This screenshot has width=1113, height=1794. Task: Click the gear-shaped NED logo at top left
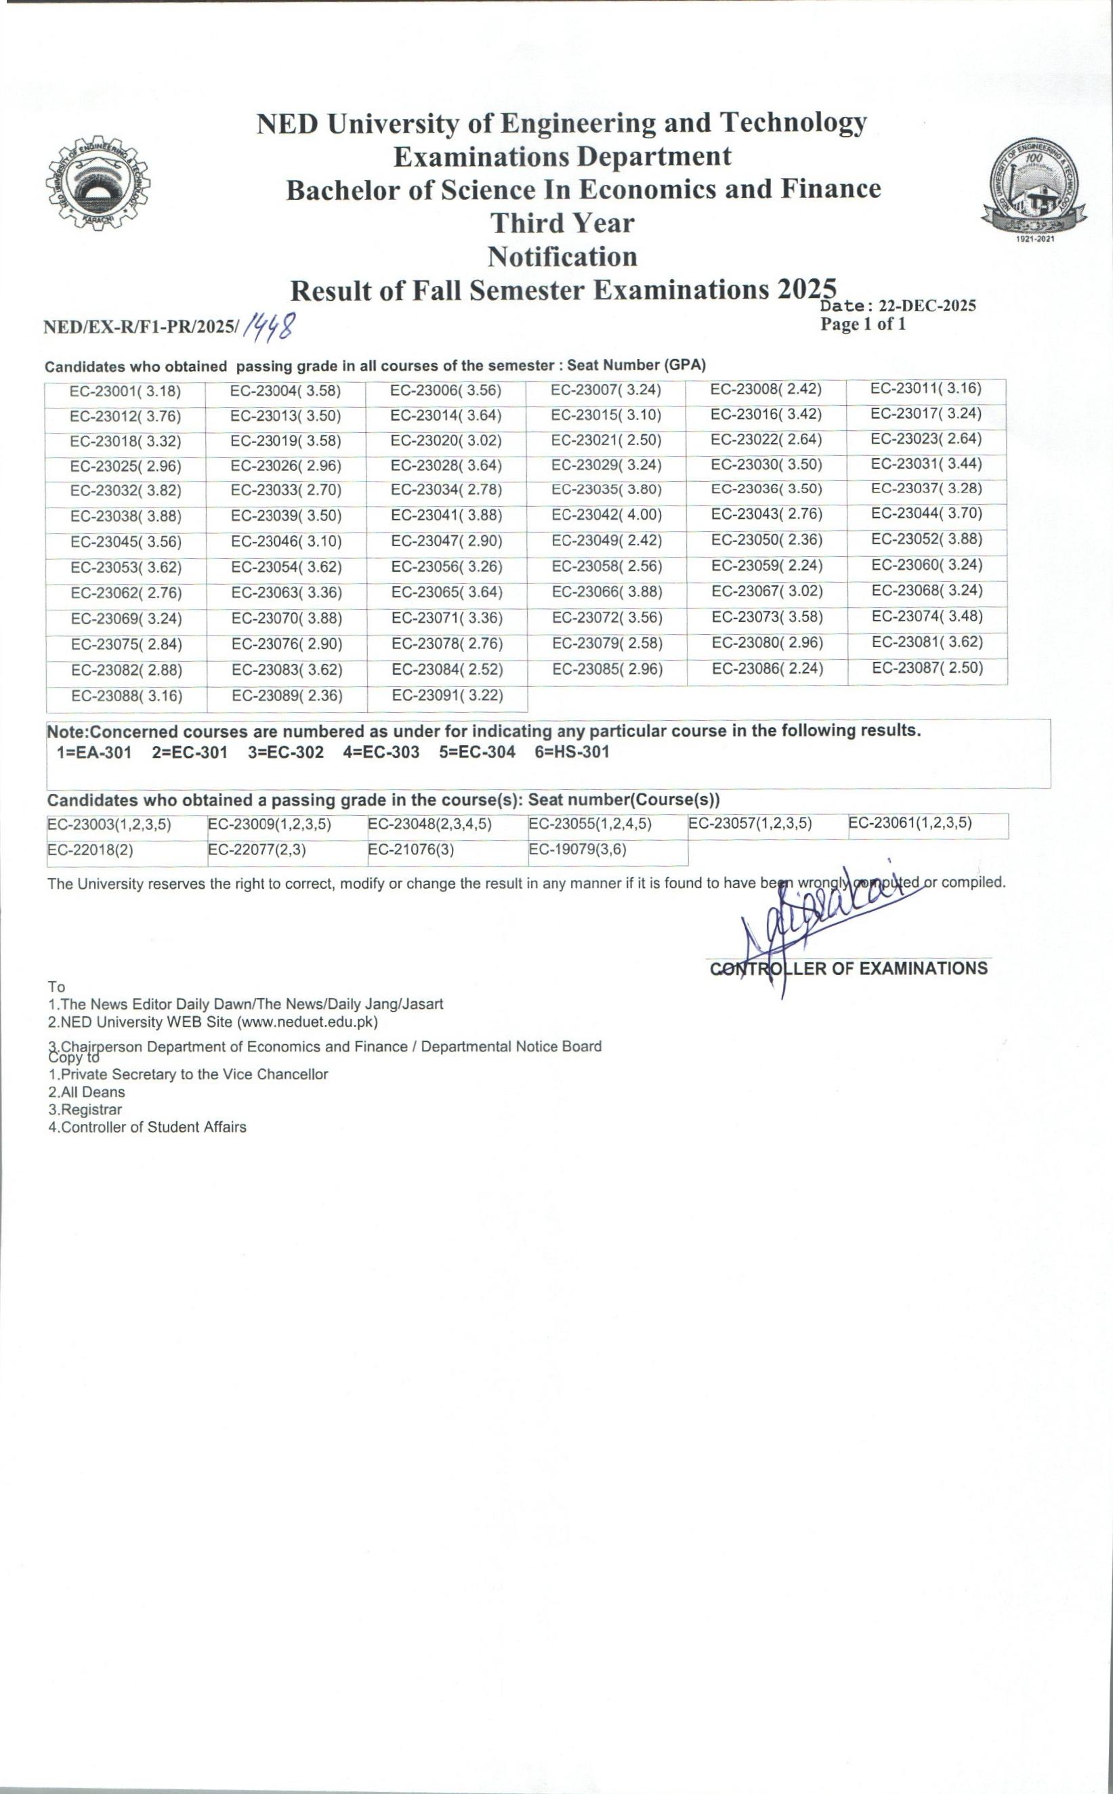pyautogui.click(x=97, y=181)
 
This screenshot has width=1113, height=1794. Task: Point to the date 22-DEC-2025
pyautogui.click(x=927, y=306)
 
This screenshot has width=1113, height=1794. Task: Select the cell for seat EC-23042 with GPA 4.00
pyautogui.click(x=606, y=516)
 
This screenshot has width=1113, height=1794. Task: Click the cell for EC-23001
pyautogui.click(x=125, y=391)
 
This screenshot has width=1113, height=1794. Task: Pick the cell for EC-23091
pyautogui.click(x=448, y=696)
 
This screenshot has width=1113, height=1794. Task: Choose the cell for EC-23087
pyautogui.click(x=927, y=669)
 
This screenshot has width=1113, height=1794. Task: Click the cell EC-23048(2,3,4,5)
pyautogui.click(x=430, y=825)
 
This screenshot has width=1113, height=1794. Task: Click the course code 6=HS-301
pyautogui.click(x=572, y=752)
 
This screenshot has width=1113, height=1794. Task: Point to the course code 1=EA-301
pyautogui.click(x=94, y=752)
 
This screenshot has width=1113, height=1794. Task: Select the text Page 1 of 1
pyautogui.click(x=863, y=325)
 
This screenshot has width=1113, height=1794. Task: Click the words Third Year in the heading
pyautogui.click(x=562, y=222)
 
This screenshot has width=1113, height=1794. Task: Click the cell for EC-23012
pyautogui.click(x=125, y=417)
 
